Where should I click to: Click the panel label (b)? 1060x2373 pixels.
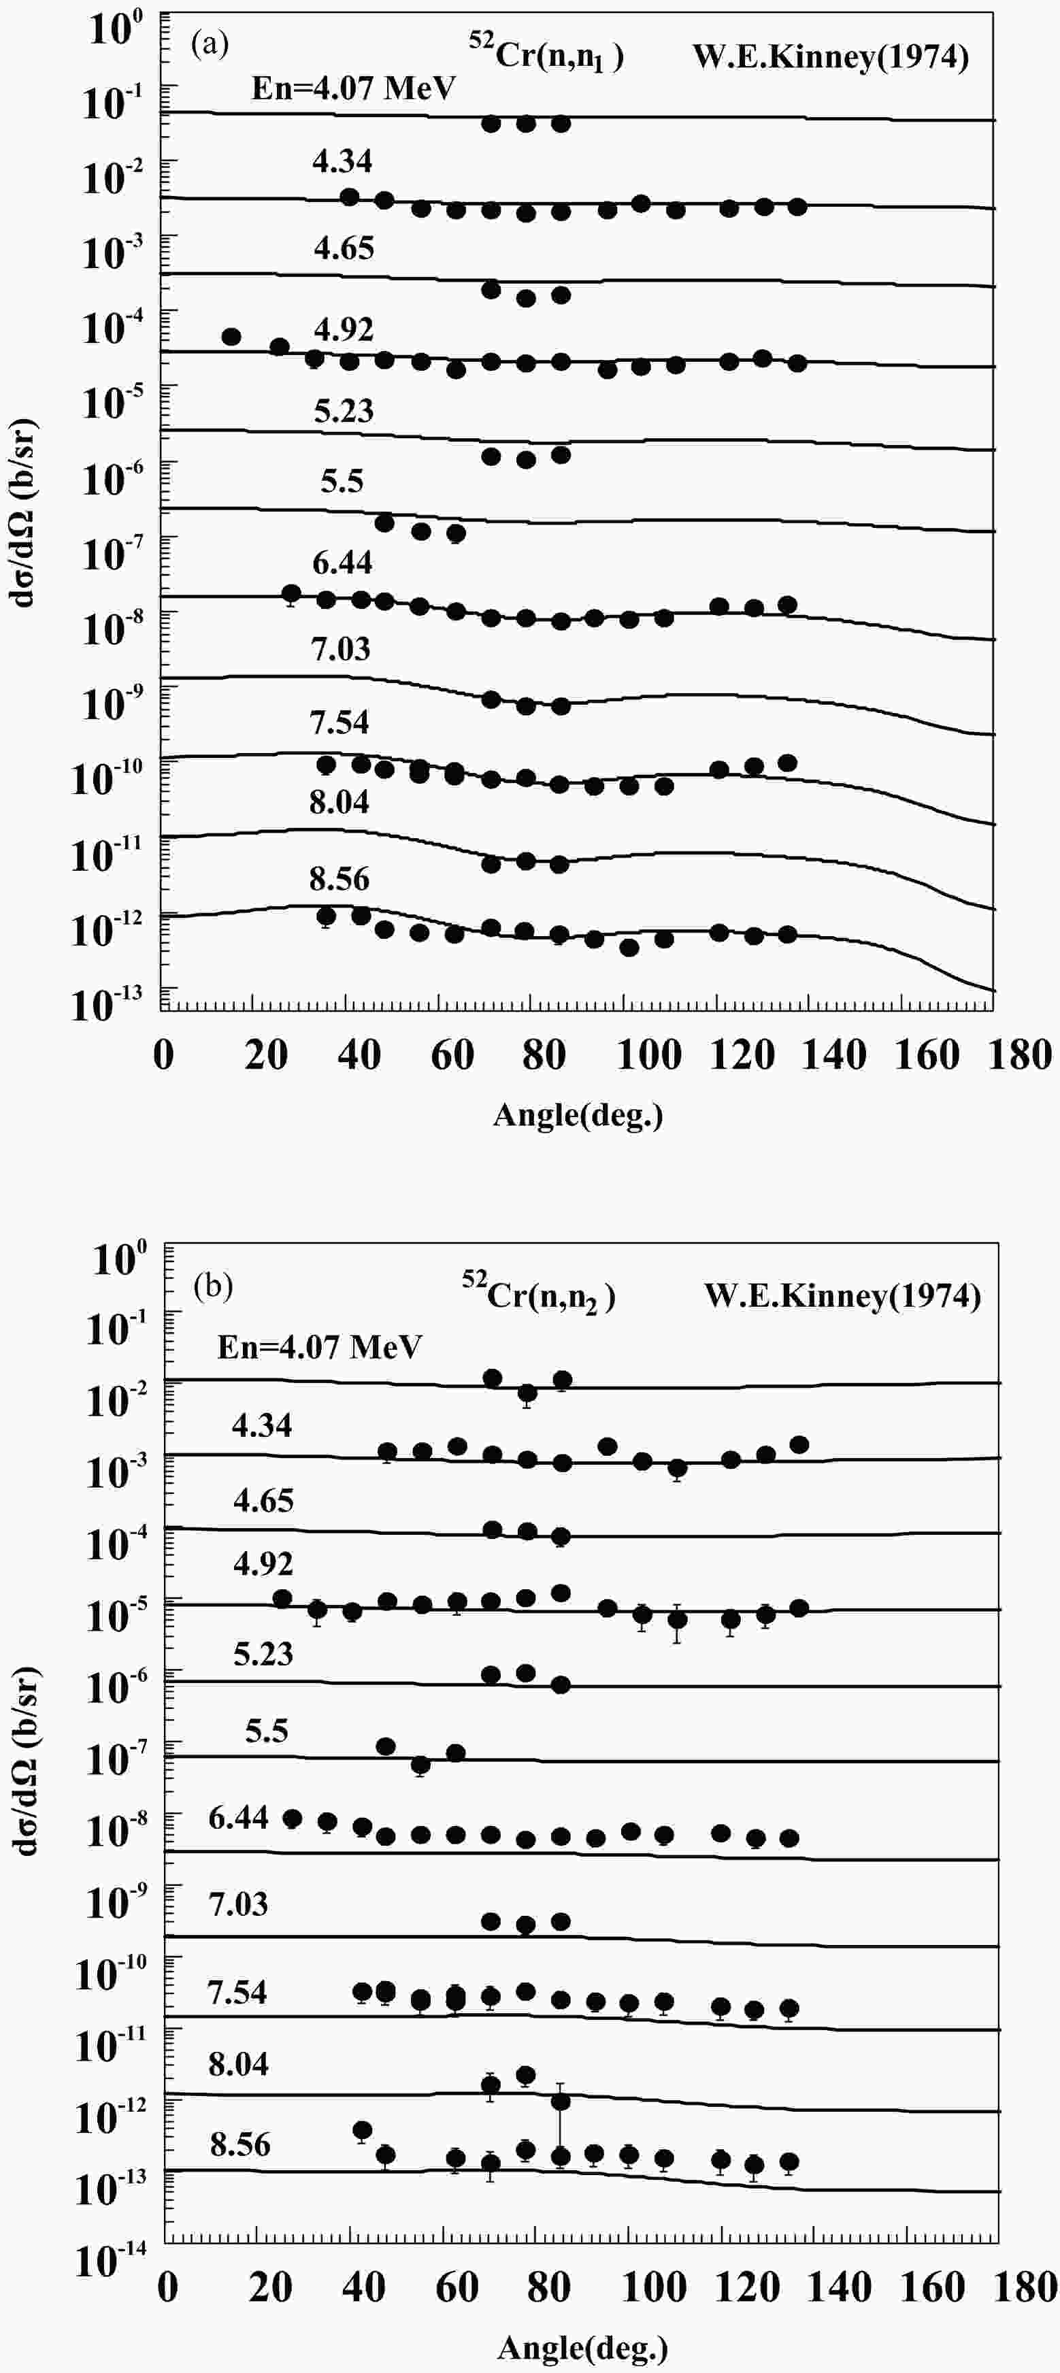[214, 1286]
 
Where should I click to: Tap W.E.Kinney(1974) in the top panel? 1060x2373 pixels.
[831, 57]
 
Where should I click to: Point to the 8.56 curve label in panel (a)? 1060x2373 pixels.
[339, 880]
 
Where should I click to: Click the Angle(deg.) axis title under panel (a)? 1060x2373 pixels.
[578, 1116]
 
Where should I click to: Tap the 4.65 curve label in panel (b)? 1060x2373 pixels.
[263, 1501]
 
